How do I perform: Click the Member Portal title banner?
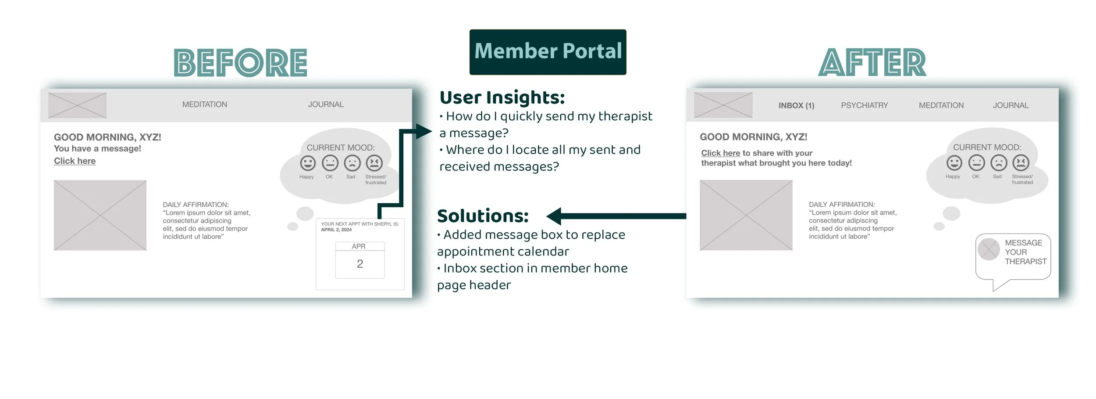[x=548, y=52]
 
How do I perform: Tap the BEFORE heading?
[x=240, y=63]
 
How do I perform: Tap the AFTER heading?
[x=872, y=63]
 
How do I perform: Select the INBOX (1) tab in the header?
[x=796, y=105]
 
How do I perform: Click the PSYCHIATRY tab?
[x=864, y=105]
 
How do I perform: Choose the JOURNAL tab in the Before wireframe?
[x=326, y=104]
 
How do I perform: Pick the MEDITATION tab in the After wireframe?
[x=941, y=105]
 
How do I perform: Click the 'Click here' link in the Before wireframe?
[x=75, y=161]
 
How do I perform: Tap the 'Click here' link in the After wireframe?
[x=720, y=153]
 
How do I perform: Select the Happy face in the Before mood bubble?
[x=308, y=163]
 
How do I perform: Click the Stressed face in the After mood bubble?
[x=1021, y=163]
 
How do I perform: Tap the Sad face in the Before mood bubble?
[x=352, y=163]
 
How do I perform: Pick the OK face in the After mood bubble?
[x=976, y=163]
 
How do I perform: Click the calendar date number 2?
[x=360, y=264]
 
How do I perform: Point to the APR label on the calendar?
[x=359, y=247]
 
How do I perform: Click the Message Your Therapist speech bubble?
[x=1013, y=257]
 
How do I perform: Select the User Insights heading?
[x=502, y=97]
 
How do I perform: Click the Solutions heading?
[x=483, y=216]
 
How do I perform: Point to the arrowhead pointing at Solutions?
[x=554, y=216]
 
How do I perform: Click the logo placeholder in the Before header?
[x=77, y=105]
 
